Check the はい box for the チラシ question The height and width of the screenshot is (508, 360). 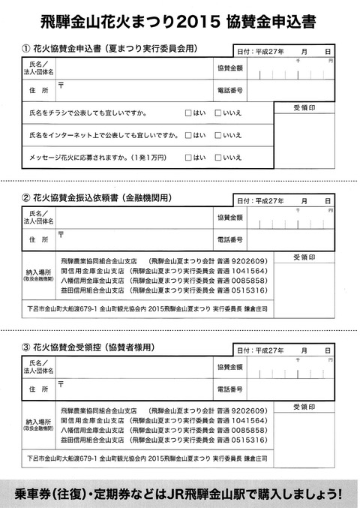188,115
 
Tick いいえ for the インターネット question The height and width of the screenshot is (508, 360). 217,136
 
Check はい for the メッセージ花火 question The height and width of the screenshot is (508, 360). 188,158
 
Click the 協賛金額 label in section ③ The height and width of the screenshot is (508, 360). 229,368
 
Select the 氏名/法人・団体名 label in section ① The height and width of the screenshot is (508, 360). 37,68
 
